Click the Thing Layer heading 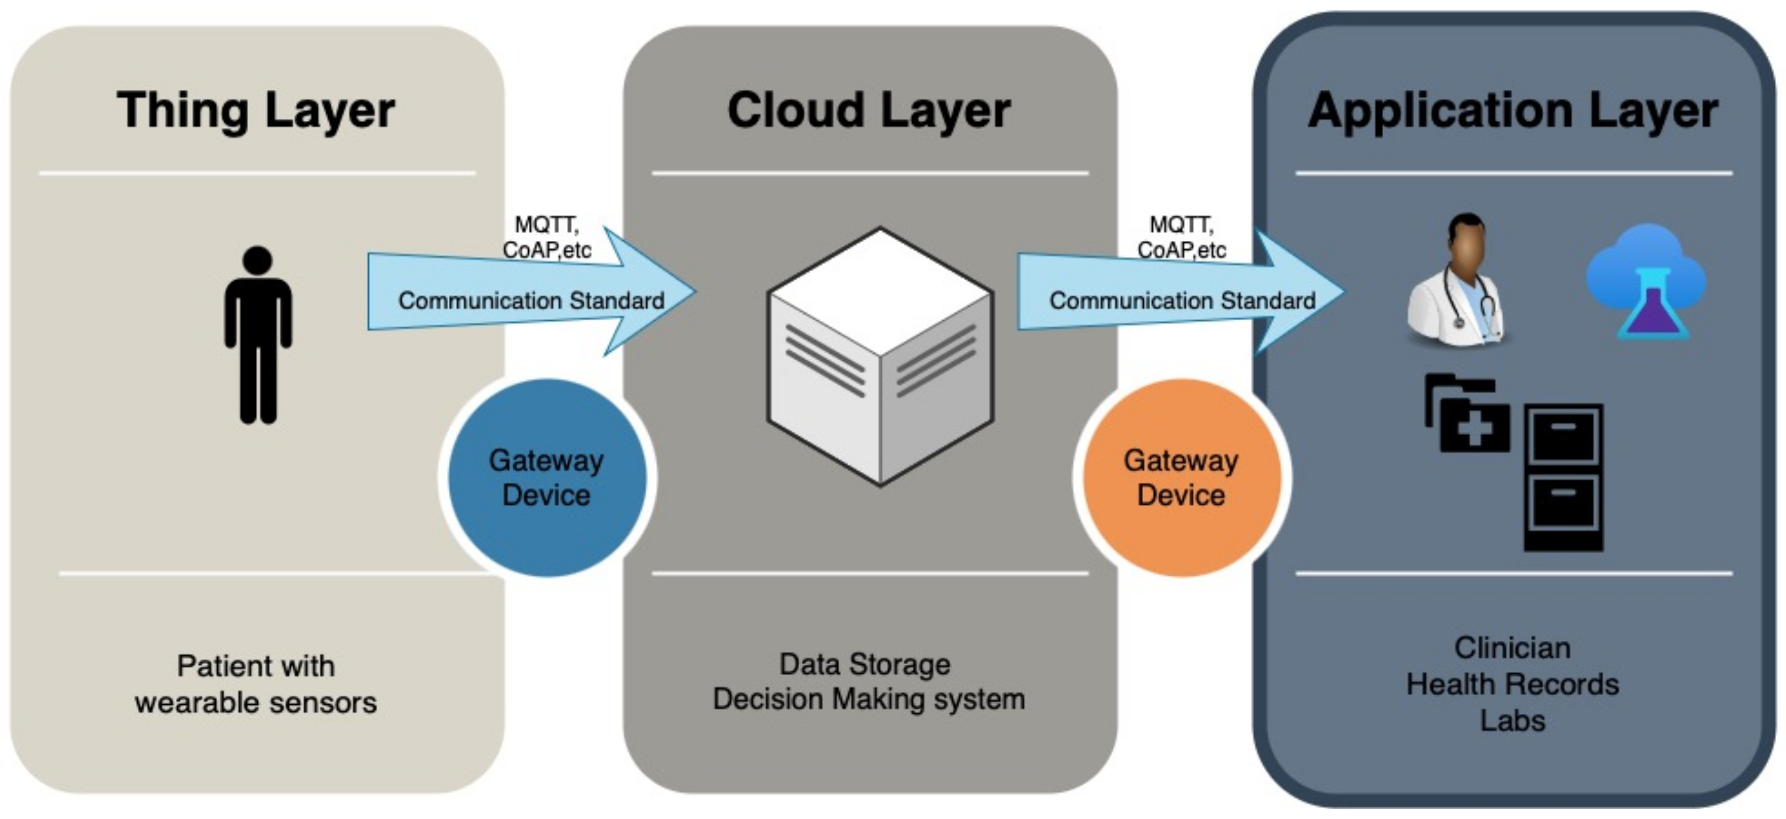tap(256, 111)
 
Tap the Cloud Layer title tap(869, 111)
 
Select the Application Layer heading tap(1513, 111)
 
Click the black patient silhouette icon tap(258, 334)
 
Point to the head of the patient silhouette tap(258, 260)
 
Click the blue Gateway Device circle tap(547, 478)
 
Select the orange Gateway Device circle tap(1182, 478)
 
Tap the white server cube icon tap(880, 356)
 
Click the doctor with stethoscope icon tap(1457, 279)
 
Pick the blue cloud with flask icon tap(1647, 281)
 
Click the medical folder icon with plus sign tap(1467, 413)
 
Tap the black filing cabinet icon tap(1564, 478)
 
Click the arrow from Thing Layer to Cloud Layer tap(531, 291)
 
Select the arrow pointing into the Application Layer tap(1182, 291)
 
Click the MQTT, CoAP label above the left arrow tap(547, 237)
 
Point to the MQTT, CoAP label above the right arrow tap(1182, 237)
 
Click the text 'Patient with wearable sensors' tap(256, 684)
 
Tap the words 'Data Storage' tap(865, 664)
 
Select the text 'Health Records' tap(1513, 684)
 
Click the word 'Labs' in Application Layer tap(1513, 721)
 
